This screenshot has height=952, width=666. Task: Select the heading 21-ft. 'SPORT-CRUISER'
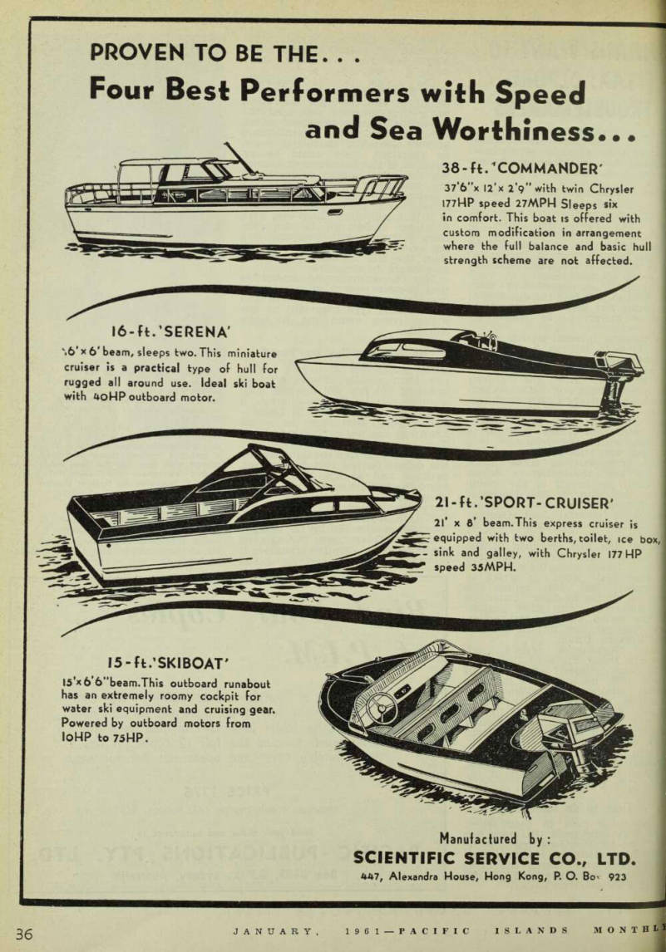(525, 503)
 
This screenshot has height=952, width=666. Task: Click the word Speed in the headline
(540, 92)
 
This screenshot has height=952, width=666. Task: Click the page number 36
(24, 933)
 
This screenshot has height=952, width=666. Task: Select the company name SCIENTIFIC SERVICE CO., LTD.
(494, 858)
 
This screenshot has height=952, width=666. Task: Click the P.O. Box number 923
(618, 876)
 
